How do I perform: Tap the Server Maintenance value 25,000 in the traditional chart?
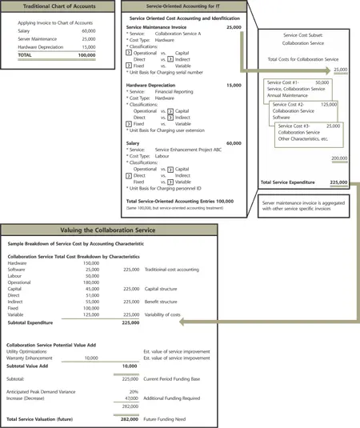(x=88, y=38)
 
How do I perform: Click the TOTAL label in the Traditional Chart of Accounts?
(x=25, y=56)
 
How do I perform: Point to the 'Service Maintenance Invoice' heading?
(x=158, y=27)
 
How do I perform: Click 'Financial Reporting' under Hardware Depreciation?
(x=174, y=92)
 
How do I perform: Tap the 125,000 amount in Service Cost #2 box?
(x=328, y=104)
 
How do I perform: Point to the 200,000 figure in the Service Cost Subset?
(x=338, y=158)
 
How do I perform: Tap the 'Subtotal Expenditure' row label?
(x=36, y=324)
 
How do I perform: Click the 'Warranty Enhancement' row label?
(x=30, y=358)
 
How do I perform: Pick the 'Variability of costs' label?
(x=169, y=315)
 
